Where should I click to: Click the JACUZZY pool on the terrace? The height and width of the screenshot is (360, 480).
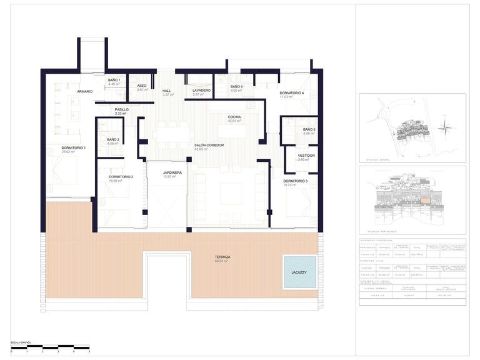[299, 272]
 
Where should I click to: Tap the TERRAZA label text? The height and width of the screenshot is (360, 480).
[222, 257]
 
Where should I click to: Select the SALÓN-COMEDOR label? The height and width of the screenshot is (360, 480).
[209, 145]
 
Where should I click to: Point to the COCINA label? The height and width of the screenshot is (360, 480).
[234, 117]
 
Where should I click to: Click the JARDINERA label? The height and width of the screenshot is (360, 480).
[172, 172]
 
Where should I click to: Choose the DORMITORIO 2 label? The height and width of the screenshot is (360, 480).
[121, 177]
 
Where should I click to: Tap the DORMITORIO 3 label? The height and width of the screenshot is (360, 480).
[295, 181]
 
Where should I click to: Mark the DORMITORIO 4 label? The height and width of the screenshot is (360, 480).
[291, 93]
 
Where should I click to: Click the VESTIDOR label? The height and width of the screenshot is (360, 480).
[306, 155]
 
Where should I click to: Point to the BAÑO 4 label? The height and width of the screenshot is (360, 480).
[236, 86]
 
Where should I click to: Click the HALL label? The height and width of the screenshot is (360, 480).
[167, 91]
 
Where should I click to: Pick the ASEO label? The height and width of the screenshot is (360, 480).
[142, 86]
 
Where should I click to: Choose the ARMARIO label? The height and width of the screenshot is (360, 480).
[85, 92]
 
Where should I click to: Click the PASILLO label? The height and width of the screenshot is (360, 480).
[122, 109]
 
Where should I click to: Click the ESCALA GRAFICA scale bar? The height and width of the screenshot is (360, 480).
[50, 347]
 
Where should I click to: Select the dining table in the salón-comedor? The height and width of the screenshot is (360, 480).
[171, 134]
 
